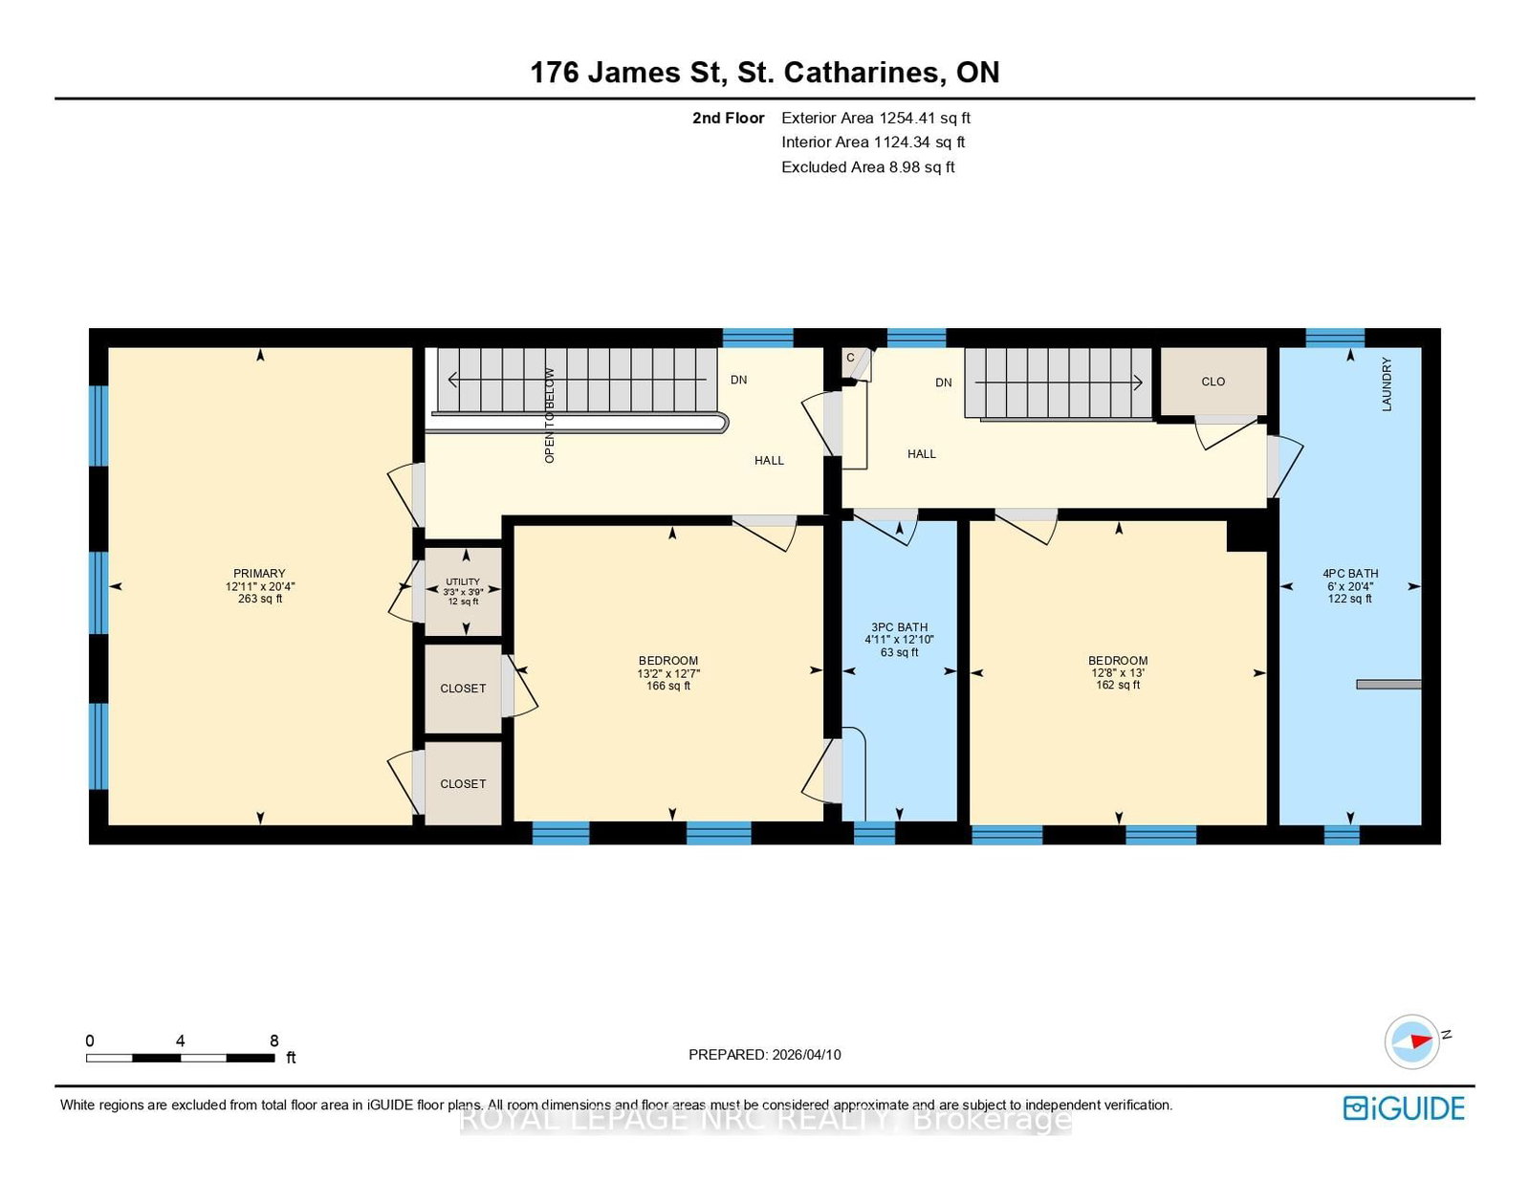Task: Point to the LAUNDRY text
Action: point(1387,384)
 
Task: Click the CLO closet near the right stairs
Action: point(1213,382)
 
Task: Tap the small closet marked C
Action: point(850,359)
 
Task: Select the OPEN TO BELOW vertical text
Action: point(550,415)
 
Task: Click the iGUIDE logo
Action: point(1403,1107)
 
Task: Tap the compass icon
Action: point(1412,1041)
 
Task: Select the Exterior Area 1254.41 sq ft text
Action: point(875,118)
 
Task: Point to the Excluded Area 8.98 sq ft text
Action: point(867,167)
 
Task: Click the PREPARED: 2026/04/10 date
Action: point(764,1055)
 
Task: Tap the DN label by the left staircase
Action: point(738,380)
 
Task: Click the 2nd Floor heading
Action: point(728,118)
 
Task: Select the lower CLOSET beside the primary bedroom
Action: point(463,783)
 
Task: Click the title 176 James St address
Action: point(764,73)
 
